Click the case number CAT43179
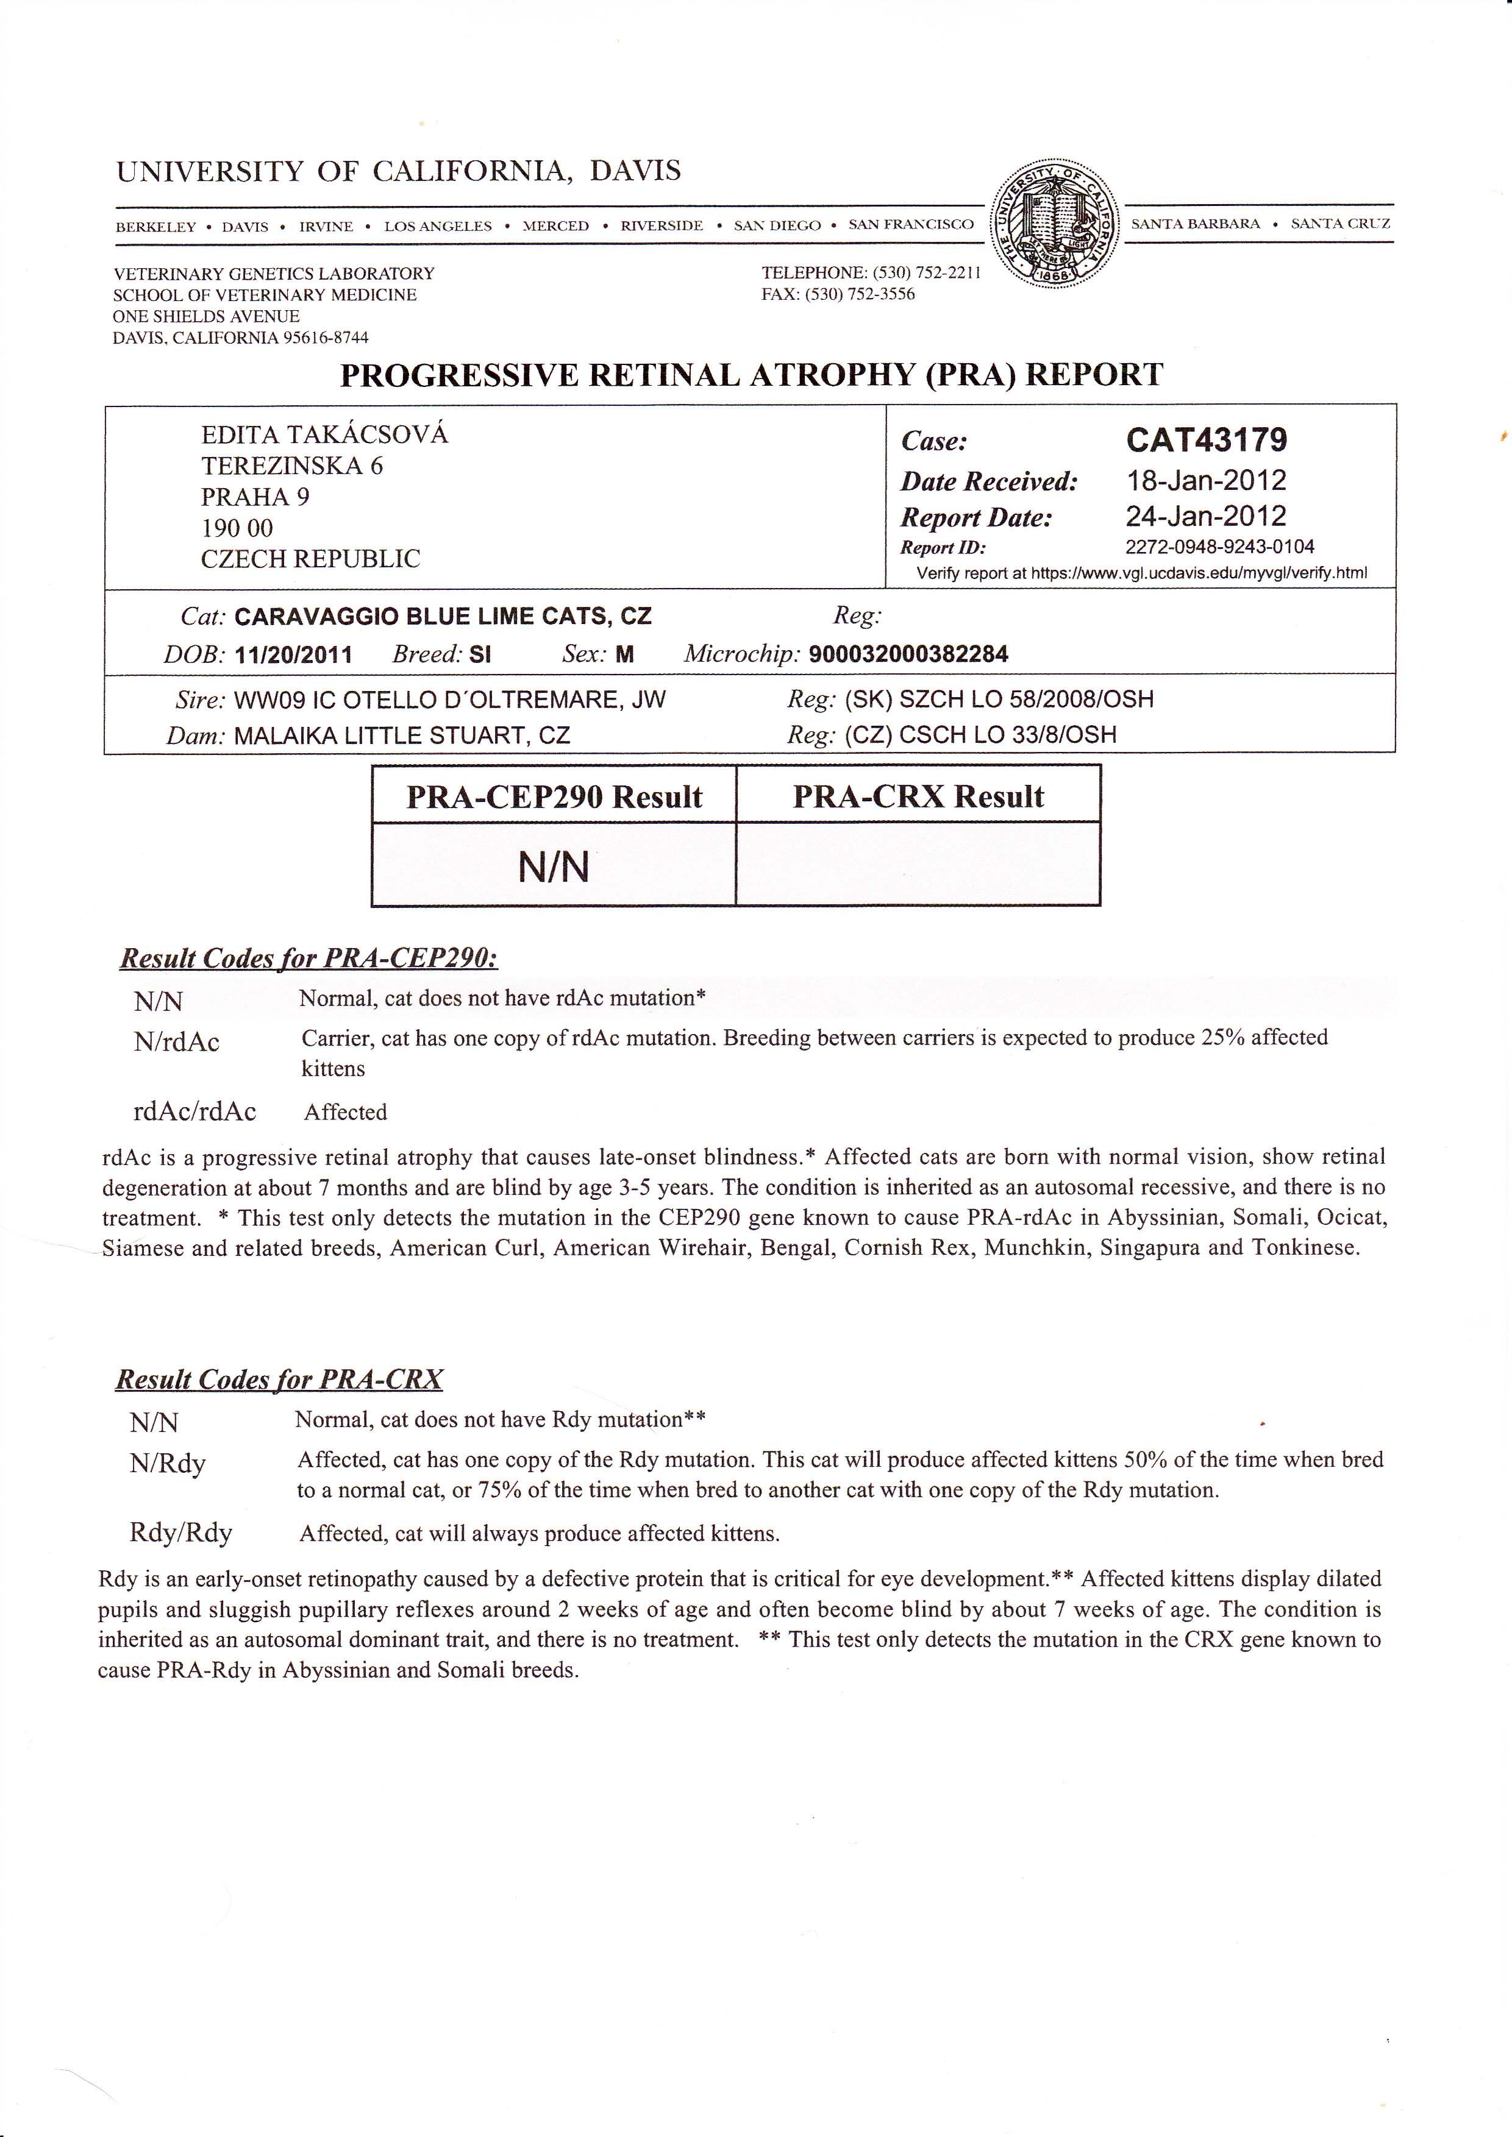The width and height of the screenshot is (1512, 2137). (x=1207, y=439)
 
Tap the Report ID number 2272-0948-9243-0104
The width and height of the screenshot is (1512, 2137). (x=1219, y=547)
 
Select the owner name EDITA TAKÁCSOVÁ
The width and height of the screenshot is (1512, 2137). (x=324, y=434)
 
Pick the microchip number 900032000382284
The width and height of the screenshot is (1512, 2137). (x=908, y=654)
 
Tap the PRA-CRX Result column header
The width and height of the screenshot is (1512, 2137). (x=918, y=796)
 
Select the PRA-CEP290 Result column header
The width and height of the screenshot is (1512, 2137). (x=554, y=796)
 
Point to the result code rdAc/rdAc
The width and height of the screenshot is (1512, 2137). (x=194, y=1111)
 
